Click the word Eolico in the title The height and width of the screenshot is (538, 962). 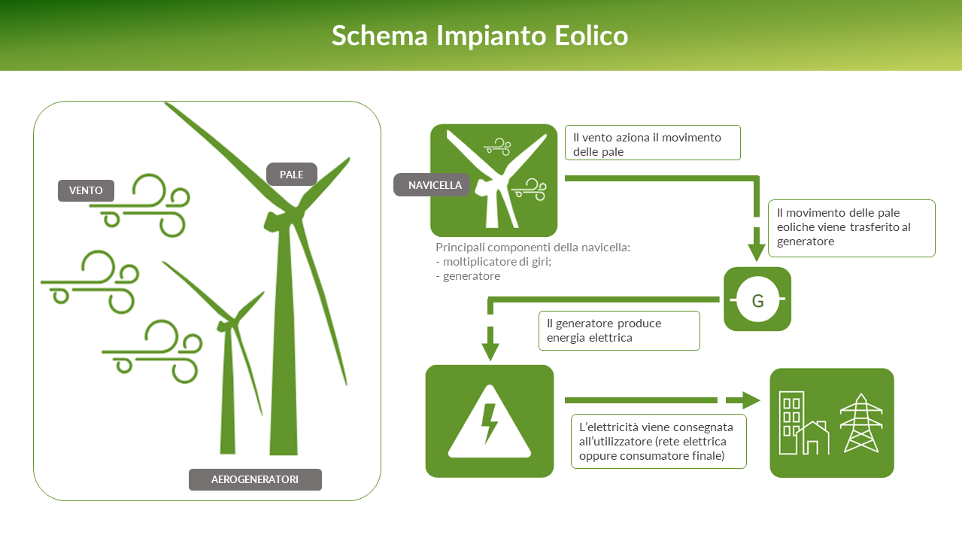591,35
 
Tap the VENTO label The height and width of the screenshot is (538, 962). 86,190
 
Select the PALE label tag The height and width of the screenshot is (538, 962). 292,175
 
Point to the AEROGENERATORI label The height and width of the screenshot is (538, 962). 255,479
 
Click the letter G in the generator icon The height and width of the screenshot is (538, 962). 757,301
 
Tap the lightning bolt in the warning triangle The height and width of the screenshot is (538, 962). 489,423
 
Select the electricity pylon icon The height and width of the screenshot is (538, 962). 861,424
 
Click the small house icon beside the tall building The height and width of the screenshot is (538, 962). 813,437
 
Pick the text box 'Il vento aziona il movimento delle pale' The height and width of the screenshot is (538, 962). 652,143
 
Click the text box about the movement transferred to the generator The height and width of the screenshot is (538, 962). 851,228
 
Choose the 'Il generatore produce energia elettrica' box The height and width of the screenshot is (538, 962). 619,330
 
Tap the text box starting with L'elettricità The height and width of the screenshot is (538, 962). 658,442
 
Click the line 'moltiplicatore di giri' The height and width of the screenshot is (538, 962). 493,262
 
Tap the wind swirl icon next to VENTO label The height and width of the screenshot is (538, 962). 140,205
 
